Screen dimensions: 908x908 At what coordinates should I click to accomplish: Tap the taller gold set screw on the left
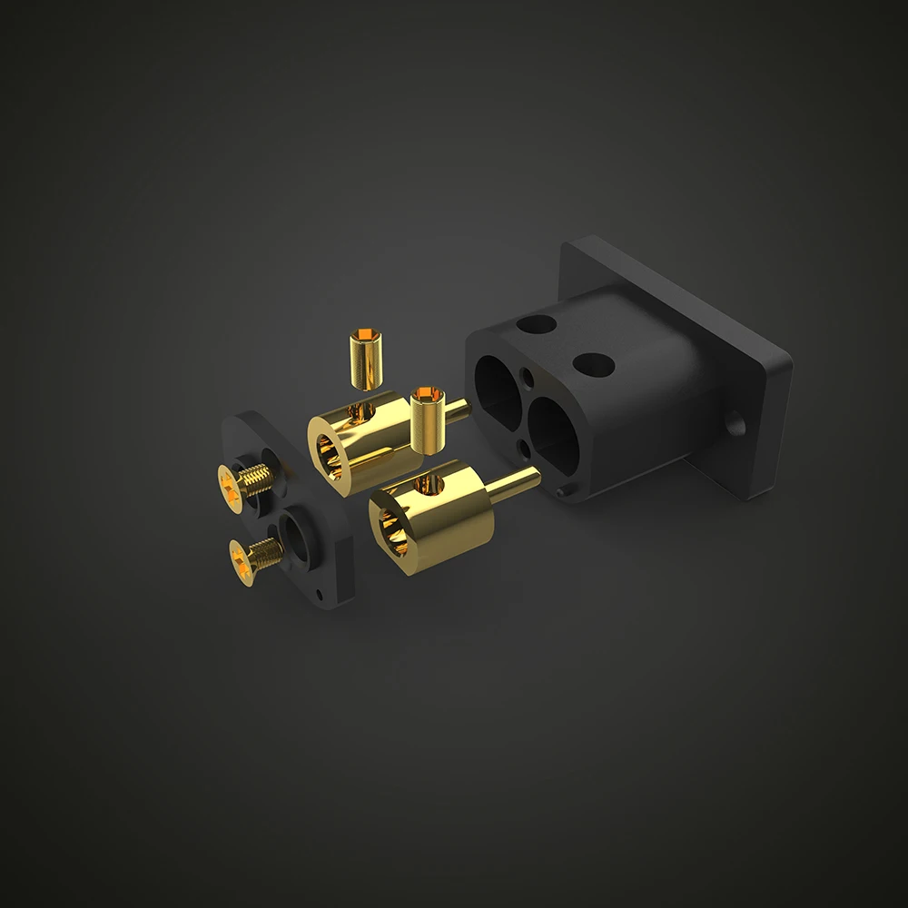coord(365,358)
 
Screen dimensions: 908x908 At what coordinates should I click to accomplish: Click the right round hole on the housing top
coord(594,365)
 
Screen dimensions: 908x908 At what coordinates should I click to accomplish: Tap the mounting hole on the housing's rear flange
coord(735,422)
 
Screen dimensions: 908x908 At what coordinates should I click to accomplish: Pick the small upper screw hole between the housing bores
coord(528,374)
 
